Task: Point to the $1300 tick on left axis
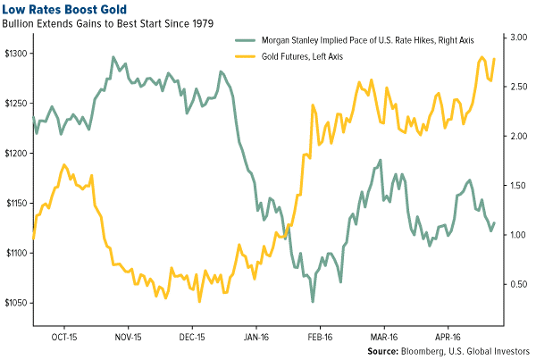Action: [18, 54]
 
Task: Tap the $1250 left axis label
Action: [18, 104]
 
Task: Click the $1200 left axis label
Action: [18, 154]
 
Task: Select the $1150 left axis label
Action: [18, 204]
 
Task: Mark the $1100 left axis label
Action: [18, 254]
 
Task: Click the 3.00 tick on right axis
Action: [519, 38]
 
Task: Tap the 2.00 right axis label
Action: [519, 136]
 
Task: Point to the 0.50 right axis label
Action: [519, 284]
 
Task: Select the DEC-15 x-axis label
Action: [193, 338]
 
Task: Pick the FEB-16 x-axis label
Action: [320, 338]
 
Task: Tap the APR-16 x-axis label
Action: [447, 338]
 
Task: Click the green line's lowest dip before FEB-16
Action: [313, 301]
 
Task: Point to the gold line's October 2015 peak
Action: [64, 165]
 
